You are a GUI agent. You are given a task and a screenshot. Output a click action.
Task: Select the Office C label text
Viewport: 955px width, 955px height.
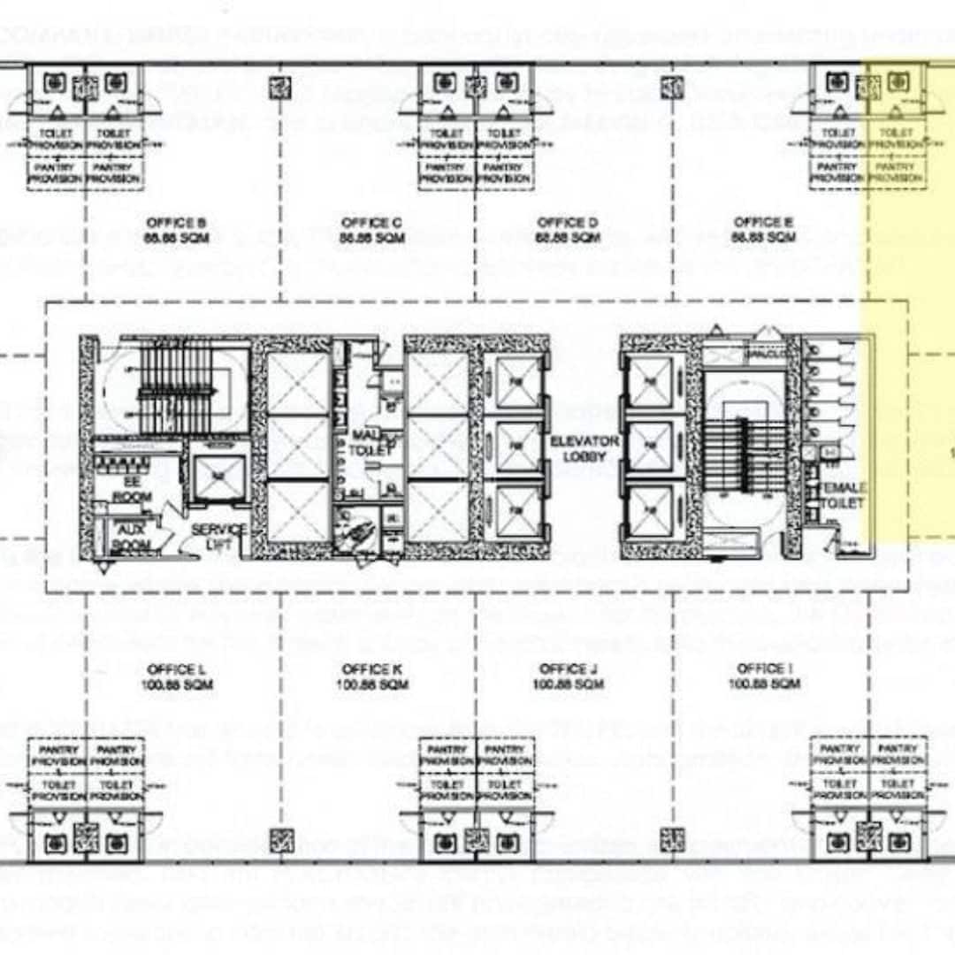(371, 230)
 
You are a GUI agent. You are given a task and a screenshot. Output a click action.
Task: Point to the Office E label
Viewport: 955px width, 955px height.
(763, 230)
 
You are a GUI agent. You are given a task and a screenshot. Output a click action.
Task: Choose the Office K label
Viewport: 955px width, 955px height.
(371, 676)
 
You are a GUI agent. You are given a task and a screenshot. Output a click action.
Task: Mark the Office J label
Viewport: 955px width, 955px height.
(568, 676)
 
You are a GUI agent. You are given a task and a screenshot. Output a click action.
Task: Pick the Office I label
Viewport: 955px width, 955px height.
(763, 676)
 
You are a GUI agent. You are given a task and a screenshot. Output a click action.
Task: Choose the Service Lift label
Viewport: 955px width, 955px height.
(218, 536)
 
